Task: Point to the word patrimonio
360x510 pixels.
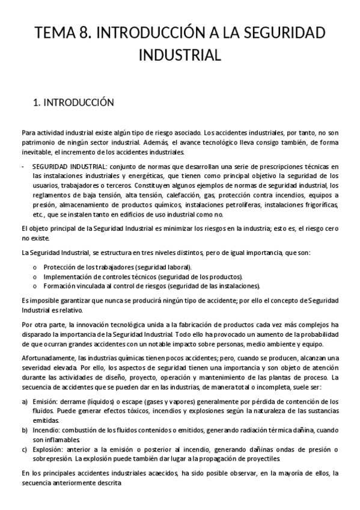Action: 36,143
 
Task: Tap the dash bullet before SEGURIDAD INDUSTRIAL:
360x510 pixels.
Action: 23,166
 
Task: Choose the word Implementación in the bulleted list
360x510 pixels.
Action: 67,275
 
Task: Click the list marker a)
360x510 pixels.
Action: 24,401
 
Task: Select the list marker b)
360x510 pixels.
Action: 24,430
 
